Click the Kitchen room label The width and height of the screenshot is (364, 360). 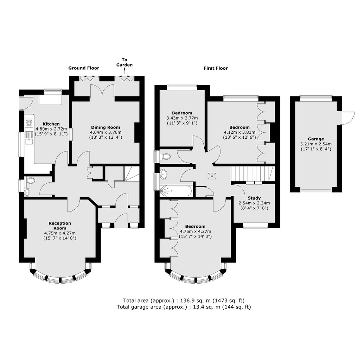51,124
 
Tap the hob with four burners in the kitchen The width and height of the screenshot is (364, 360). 29,123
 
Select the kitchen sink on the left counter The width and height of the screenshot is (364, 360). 29,138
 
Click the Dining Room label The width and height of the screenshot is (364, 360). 106,127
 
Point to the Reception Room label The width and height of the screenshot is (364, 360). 60,226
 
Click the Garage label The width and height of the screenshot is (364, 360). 316,139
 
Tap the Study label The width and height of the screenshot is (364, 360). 254,198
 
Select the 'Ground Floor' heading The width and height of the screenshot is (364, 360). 84,68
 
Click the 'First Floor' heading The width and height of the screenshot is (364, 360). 216,68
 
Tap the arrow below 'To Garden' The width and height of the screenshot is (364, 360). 125,71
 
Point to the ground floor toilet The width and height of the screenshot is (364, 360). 31,181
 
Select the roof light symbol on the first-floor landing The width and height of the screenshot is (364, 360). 212,176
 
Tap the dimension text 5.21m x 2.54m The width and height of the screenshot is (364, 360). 316,144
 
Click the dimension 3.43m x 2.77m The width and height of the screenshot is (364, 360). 182,118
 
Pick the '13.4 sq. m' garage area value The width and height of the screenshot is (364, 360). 205,307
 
